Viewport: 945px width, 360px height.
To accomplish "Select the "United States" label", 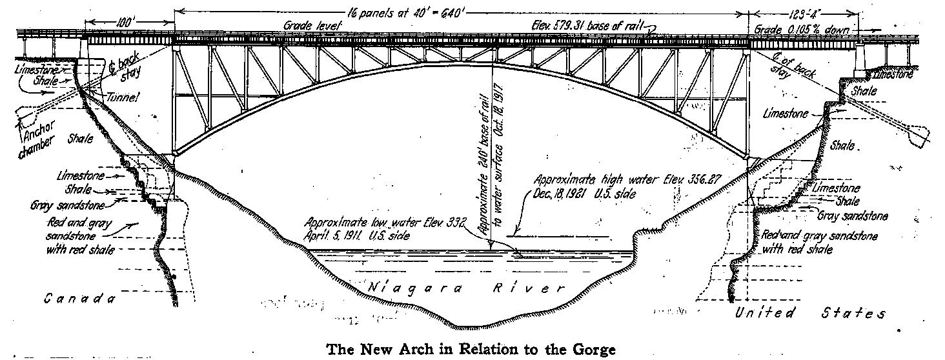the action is click(x=811, y=314).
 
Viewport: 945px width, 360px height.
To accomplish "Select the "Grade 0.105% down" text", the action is click(x=806, y=30).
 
